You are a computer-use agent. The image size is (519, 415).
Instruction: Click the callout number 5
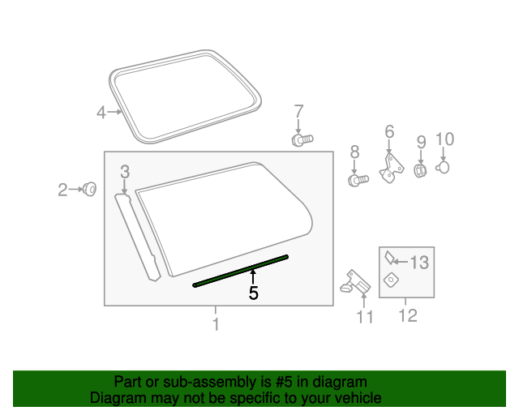pos(254,293)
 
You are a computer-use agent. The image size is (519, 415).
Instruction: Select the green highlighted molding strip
pos(241,271)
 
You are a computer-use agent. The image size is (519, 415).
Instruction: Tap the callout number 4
pos(101,113)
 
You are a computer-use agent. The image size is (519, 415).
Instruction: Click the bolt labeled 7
pos(302,140)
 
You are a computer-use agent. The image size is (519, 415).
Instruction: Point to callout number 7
pos(298,111)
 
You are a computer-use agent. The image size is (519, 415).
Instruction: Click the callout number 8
pos(354,152)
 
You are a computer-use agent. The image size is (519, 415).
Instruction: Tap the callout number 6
pos(389,131)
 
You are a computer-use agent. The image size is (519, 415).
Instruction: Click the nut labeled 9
pos(421,171)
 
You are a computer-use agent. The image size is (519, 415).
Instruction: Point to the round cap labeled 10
pos(444,167)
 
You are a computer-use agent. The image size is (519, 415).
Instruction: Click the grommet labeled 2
pos(91,190)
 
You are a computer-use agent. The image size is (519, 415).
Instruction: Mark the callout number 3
pos(125,171)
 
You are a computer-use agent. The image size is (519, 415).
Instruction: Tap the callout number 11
pos(366,317)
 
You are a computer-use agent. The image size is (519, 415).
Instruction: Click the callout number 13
pos(418,263)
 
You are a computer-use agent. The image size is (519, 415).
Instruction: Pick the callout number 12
pos(408,315)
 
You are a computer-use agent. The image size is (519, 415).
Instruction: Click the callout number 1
pos(216,324)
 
